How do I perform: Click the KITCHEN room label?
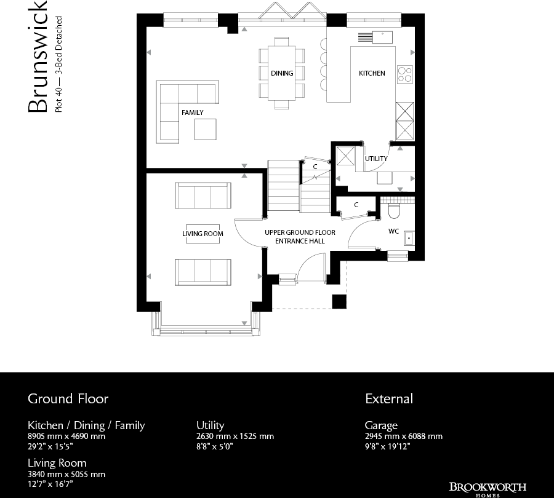(372, 73)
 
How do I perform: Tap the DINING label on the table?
(282, 73)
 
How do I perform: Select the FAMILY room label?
(192, 113)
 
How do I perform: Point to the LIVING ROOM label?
(203, 234)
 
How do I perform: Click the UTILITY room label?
(376, 159)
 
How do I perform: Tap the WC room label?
(394, 232)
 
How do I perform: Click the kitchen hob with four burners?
(404, 74)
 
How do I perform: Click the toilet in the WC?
(394, 211)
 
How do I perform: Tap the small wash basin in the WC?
(408, 238)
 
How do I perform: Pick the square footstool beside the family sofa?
(206, 129)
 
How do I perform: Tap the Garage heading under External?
(381, 425)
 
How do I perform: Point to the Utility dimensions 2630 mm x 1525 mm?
(235, 437)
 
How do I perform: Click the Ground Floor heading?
(68, 398)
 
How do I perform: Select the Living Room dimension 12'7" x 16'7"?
(50, 484)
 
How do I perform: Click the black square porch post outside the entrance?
(339, 301)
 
